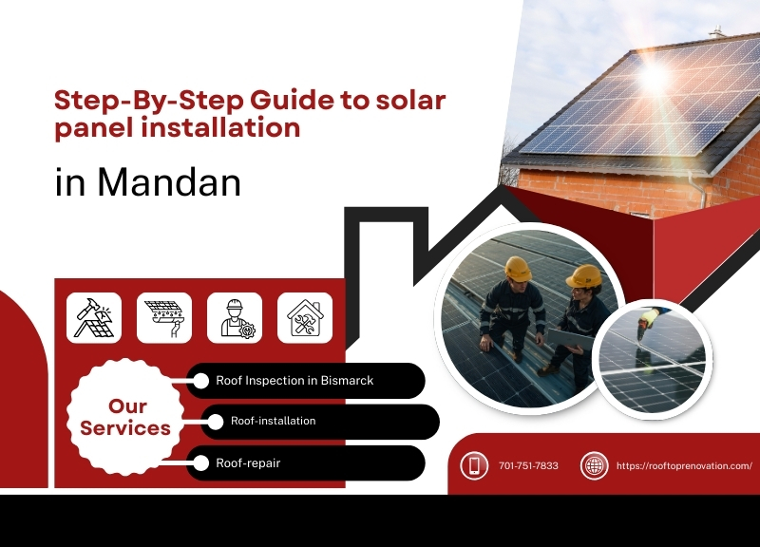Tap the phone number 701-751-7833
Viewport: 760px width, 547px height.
tap(528, 465)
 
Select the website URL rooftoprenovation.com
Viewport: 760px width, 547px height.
tap(684, 465)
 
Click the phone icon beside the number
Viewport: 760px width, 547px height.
tap(474, 465)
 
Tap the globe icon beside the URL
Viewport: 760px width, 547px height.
tap(594, 465)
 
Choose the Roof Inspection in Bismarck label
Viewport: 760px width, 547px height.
tap(294, 381)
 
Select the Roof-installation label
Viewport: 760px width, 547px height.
tap(274, 421)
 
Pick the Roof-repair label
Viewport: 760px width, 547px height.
tap(248, 463)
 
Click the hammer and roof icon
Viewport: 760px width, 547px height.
tap(94, 317)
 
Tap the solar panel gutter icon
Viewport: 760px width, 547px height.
tap(164, 317)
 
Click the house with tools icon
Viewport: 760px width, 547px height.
tap(305, 317)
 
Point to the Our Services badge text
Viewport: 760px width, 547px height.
tap(125, 418)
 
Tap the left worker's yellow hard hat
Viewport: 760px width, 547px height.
tap(518, 268)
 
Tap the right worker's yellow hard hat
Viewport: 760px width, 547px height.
tap(583, 276)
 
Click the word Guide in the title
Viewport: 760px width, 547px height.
tap(236, 100)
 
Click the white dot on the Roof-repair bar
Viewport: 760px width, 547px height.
tap(201, 463)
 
